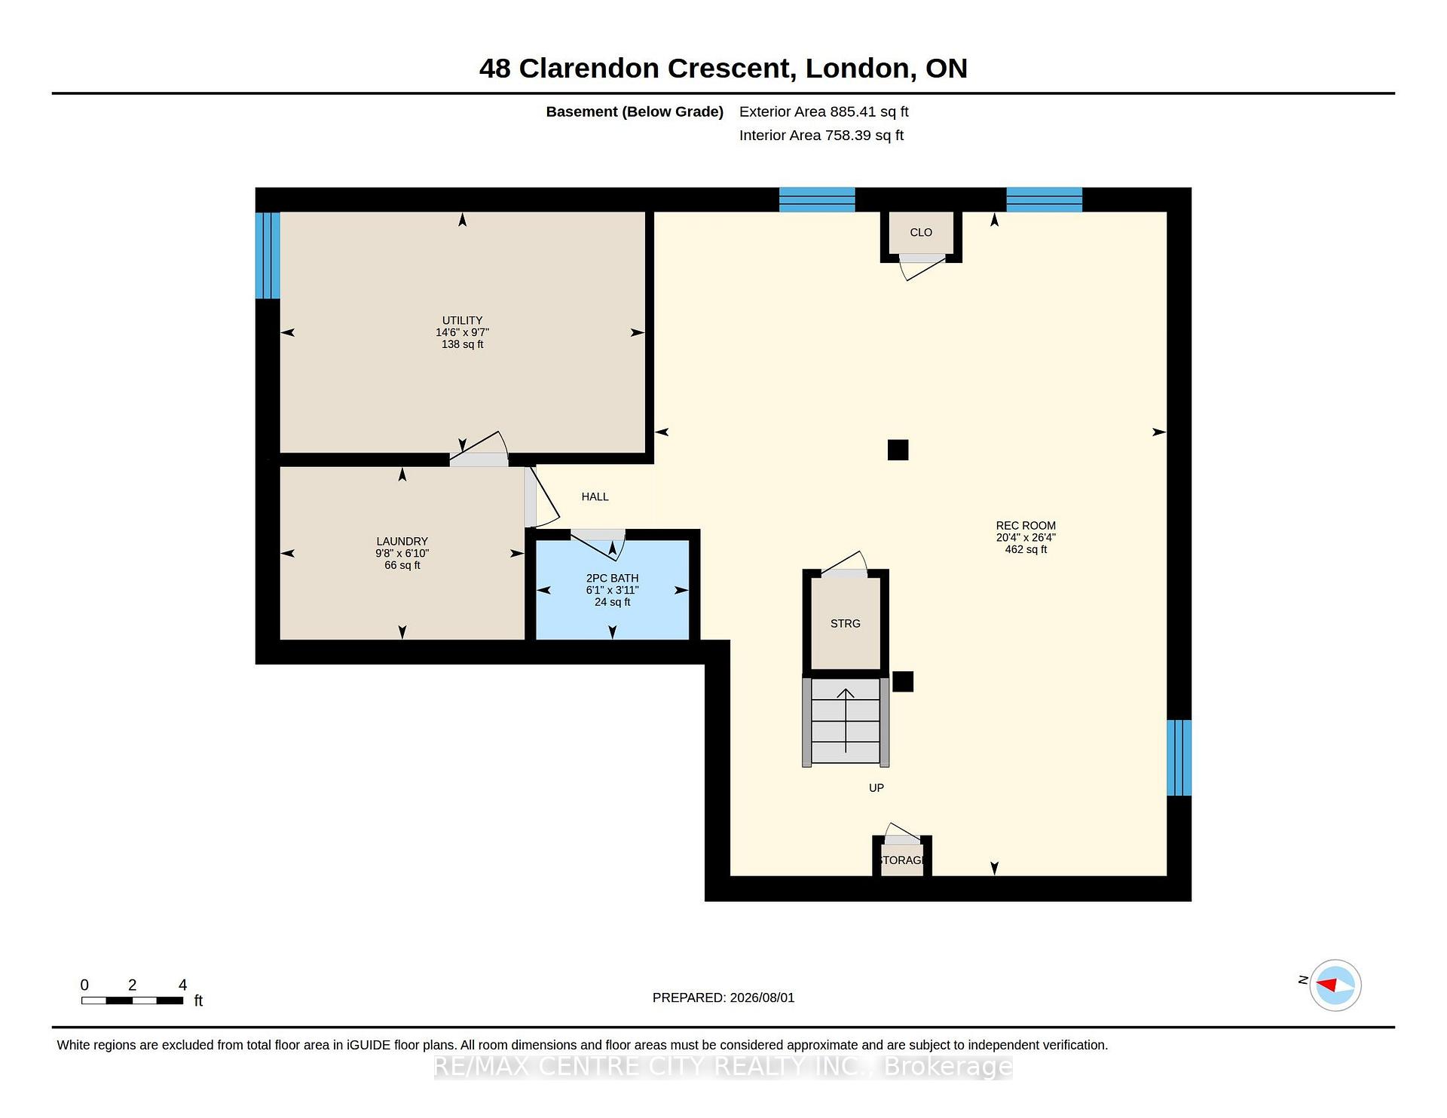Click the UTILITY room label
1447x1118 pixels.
462,320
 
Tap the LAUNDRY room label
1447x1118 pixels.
402,541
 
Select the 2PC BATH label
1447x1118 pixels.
612,578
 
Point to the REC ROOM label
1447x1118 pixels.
1026,525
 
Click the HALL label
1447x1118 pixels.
595,496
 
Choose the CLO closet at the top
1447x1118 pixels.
921,233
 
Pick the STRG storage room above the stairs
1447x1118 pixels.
846,624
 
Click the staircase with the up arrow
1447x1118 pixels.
846,722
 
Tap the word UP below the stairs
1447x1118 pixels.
876,787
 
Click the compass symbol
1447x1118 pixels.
1335,985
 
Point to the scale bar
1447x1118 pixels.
133,1000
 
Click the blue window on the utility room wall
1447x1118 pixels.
268,255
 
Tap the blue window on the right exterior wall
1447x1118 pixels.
1179,758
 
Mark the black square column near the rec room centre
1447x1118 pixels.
898,450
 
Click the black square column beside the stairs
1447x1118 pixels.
903,681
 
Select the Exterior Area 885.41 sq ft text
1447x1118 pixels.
824,111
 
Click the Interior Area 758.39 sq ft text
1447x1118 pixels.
821,135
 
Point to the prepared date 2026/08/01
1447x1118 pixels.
762,997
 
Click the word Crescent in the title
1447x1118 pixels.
731,68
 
